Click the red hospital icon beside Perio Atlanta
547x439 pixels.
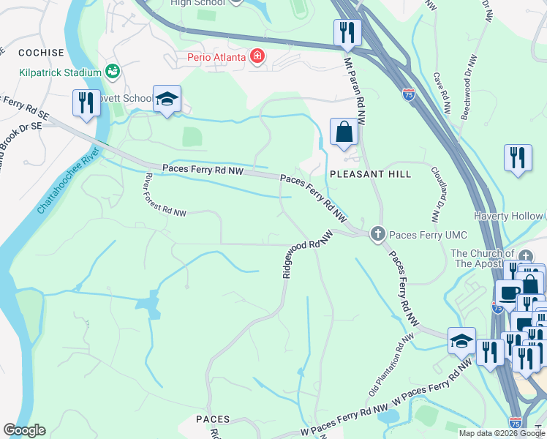click(256, 56)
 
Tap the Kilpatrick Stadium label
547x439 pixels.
click(61, 72)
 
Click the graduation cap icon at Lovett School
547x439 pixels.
click(167, 100)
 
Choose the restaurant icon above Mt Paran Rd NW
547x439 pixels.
click(347, 33)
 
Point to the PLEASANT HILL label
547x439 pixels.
click(370, 174)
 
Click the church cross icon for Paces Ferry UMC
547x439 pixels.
click(377, 234)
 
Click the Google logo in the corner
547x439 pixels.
click(24, 430)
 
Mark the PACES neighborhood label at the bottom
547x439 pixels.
click(214, 419)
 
